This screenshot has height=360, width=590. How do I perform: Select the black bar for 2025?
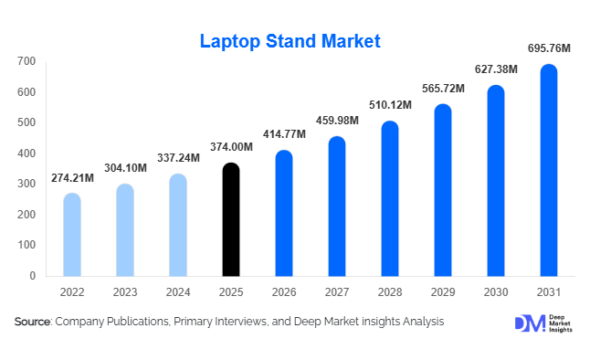[232, 219]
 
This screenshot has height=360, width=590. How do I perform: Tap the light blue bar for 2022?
[72, 235]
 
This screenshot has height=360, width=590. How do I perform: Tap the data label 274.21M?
[70, 176]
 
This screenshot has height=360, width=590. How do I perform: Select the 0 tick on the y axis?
[33, 275]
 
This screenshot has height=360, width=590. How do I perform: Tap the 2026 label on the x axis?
[284, 294]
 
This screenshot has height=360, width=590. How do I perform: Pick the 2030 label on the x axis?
[495, 294]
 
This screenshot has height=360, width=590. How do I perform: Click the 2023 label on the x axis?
[125, 294]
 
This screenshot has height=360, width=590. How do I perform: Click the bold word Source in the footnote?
[32, 322]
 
